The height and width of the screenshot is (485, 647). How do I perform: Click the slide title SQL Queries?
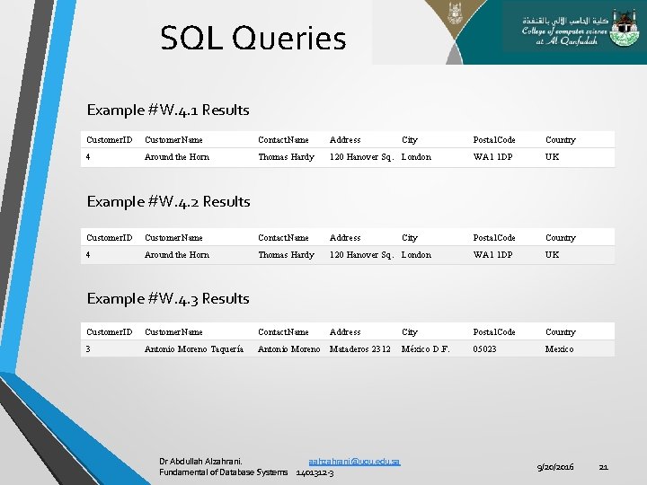[253, 39]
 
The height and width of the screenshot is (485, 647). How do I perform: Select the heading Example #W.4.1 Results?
[168, 110]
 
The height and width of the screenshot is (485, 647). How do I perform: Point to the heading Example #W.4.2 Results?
[168, 201]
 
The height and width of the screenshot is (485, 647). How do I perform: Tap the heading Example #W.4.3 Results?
[168, 298]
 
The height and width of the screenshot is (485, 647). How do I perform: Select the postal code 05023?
[485, 348]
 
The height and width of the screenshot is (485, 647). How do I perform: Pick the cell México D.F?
[426, 348]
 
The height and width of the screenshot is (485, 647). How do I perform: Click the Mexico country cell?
[559, 348]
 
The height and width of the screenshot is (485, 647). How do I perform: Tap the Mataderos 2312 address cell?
[360, 348]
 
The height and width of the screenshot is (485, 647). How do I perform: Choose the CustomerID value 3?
[88, 348]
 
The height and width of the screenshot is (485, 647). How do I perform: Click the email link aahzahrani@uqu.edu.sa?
[354, 461]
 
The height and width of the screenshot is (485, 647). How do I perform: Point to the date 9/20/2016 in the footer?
[555, 467]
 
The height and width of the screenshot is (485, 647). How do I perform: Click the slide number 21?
[604, 467]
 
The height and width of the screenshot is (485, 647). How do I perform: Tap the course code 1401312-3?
[315, 472]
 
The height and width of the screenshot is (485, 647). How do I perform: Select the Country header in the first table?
[561, 140]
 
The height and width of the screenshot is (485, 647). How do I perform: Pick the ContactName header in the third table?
[283, 332]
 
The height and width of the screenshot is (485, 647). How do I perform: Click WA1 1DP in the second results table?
[494, 255]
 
